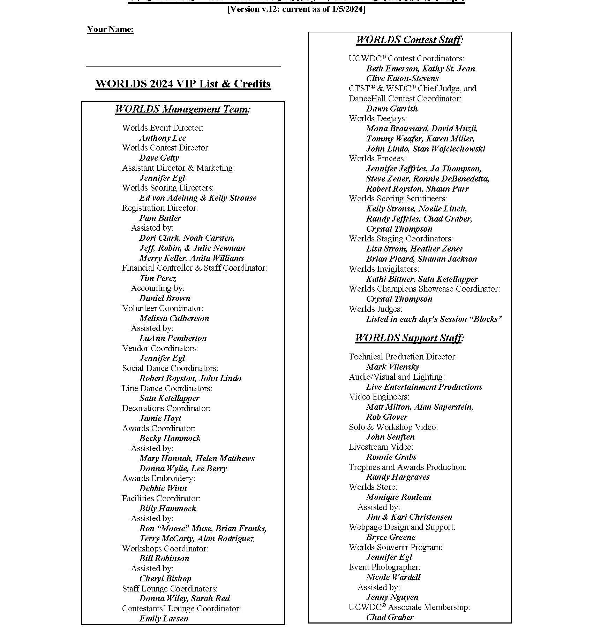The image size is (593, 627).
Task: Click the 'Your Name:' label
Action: click(x=110, y=29)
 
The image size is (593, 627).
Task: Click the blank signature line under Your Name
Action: click(x=183, y=65)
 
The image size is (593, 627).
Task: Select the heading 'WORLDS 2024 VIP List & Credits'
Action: click(x=183, y=84)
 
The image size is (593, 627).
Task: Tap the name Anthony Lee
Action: click(x=163, y=138)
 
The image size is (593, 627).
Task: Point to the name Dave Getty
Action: click(x=159, y=158)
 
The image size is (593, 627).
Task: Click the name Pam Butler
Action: click(x=160, y=218)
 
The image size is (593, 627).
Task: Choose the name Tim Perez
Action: click(x=158, y=278)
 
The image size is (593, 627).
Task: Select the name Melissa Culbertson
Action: click(x=174, y=318)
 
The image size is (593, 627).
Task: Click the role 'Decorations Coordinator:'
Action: click(x=166, y=408)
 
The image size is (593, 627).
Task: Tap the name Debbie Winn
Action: click(x=163, y=488)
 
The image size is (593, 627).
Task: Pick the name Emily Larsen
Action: click(x=164, y=619)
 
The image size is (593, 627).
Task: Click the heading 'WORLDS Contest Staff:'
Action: click(x=410, y=40)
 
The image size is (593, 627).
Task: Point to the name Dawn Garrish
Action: click(x=392, y=109)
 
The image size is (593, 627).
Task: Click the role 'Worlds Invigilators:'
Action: click(x=384, y=269)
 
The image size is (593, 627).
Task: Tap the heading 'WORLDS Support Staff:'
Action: click(x=410, y=338)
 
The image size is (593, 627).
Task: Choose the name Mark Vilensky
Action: click(x=392, y=367)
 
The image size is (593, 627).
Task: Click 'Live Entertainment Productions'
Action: click(x=424, y=387)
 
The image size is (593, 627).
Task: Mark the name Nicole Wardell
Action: click(x=393, y=577)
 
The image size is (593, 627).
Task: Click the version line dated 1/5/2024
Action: click(x=296, y=9)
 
